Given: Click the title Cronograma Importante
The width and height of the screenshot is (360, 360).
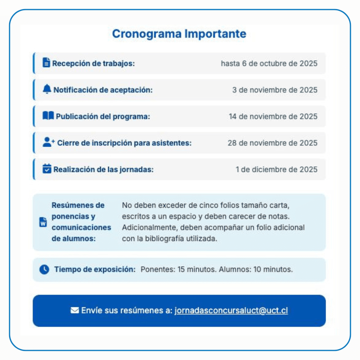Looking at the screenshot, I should (x=179, y=34).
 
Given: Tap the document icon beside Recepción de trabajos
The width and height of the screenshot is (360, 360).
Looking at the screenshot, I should (x=46, y=62).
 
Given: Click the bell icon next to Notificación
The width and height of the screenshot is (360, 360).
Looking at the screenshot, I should (x=47, y=89).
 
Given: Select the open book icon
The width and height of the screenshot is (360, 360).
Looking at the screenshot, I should (x=48, y=116).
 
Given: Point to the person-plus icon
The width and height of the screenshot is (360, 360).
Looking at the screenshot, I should (x=48, y=142).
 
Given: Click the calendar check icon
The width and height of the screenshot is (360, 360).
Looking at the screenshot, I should (x=47, y=169).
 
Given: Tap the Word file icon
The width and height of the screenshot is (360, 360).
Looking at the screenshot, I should (x=43, y=222).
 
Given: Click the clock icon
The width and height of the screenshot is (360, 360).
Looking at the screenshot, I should (x=44, y=269).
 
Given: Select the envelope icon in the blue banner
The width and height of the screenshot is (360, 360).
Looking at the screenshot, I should (x=75, y=311).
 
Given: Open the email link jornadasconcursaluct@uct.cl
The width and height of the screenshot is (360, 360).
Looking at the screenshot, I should (x=231, y=311).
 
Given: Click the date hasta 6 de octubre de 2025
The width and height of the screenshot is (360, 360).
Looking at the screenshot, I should (x=269, y=63).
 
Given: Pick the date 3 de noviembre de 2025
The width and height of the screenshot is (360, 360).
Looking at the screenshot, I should (x=275, y=90).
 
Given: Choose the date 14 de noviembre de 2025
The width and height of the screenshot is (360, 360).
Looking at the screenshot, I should (x=273, y=116).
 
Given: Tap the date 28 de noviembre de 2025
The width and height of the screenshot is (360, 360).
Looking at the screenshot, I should (x=272, y=143).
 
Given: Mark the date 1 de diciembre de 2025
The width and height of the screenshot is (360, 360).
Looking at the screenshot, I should (x=276, y=169).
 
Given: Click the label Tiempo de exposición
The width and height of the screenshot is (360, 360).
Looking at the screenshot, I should (x=95, y=269).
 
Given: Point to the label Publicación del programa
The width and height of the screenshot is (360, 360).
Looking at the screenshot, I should (x=103, y=117).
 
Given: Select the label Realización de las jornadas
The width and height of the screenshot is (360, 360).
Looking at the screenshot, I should (x=103, y=170).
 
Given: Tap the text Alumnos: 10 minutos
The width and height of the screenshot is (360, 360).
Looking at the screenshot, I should (x=256, y=269).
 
